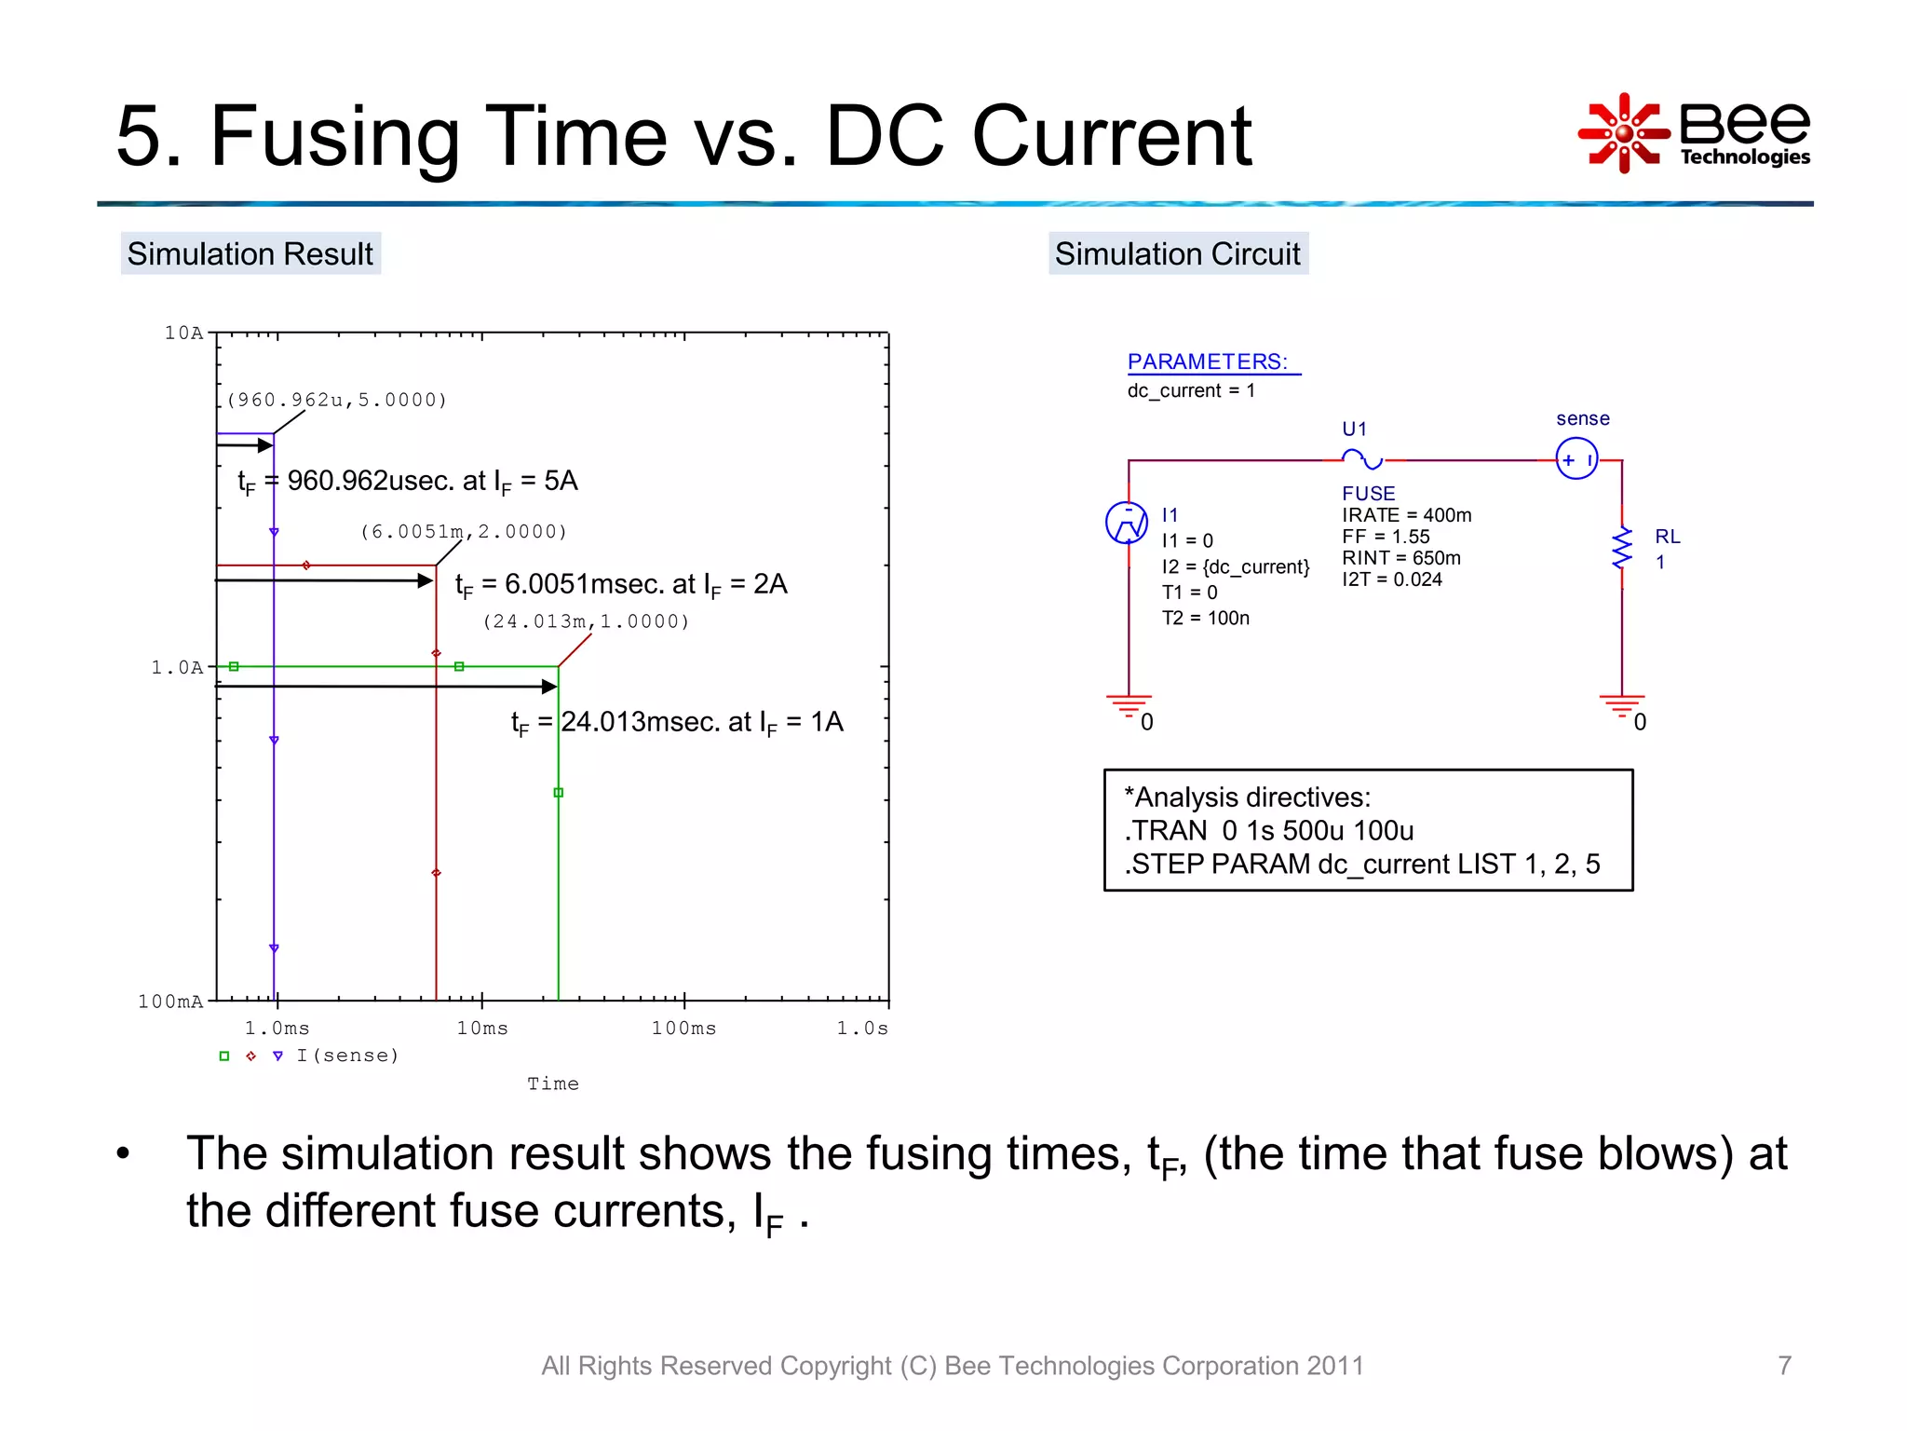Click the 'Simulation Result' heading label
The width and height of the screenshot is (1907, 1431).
coord(250,253)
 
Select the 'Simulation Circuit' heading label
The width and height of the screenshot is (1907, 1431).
coord(1177,253)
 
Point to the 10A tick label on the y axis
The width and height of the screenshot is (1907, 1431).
coord(183,333)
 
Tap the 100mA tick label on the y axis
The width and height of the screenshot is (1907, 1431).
coord(170,1002)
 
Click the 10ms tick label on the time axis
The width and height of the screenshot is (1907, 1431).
coord(482,1028)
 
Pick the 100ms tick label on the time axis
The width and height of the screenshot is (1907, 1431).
coord(683,1028)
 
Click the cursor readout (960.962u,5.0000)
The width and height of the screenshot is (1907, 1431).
coord(337,400)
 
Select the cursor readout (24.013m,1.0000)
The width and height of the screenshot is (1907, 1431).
coord(587,621)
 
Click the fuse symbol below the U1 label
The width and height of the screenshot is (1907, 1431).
coord(1362,459)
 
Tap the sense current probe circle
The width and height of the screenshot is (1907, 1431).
coord(1576,459)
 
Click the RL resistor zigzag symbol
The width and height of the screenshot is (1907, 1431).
coord(1622,548)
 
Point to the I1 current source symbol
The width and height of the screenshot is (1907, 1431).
coord(1127,523)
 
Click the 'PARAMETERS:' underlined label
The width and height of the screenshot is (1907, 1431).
coord(1208,361)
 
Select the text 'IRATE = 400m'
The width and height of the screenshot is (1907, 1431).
coord(1406,515)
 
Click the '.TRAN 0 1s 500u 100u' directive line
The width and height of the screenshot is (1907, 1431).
coord(1269,830)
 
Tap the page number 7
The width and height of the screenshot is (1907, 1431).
coord(1784,1365)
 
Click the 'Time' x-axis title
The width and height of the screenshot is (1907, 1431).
coord(553,1083)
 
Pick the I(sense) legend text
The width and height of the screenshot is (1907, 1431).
coord(347,1056)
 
